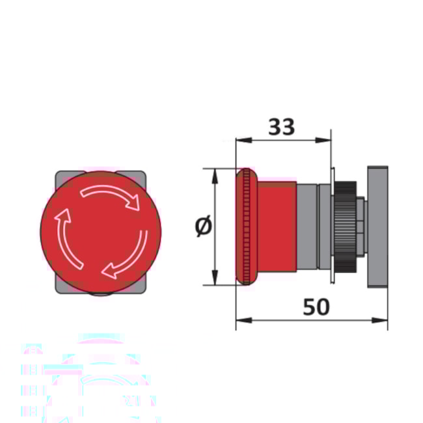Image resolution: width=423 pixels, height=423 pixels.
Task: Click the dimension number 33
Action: coord(281,126)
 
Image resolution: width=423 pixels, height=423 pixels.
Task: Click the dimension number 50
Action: coord(316,307)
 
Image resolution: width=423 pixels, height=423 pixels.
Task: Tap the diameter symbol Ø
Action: coord(203,226)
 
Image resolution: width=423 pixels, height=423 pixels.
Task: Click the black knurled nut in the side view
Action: coord(346,226)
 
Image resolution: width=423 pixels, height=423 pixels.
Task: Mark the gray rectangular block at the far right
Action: coord(378,226)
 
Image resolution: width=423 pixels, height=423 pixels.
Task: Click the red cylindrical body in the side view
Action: coord(277,226)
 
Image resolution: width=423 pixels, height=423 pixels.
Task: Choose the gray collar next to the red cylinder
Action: coord(307,226)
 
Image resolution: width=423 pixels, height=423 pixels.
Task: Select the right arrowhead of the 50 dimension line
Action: coord(383,320)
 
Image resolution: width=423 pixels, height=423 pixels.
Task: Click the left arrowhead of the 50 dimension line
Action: coord(240,320)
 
